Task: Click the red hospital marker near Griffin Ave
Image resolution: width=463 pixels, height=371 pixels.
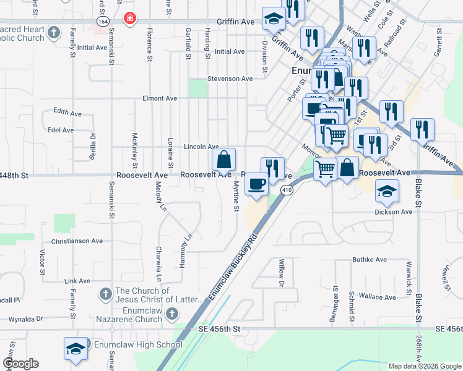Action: point(129,19)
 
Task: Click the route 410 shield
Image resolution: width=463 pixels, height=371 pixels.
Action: point(285,191)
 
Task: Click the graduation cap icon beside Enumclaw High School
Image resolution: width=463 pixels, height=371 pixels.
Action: point(75,348)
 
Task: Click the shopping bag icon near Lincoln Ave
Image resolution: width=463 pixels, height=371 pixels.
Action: point(223,160)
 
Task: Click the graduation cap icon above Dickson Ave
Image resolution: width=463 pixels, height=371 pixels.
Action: point(387,192)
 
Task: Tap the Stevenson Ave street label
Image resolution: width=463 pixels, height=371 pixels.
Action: point(230,79)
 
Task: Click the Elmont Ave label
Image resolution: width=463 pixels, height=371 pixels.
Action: point(160,98)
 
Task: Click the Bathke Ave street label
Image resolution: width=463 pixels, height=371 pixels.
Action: point(370,260)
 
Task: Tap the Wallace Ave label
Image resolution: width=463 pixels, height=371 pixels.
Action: point(377,297)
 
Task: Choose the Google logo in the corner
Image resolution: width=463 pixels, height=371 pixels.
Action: point(20,364)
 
